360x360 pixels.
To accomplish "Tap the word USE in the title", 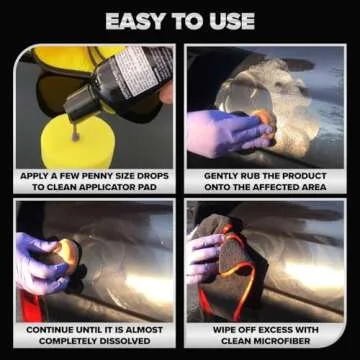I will click(230, 20).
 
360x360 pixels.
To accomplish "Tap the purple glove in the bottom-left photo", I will click(37, 262).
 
